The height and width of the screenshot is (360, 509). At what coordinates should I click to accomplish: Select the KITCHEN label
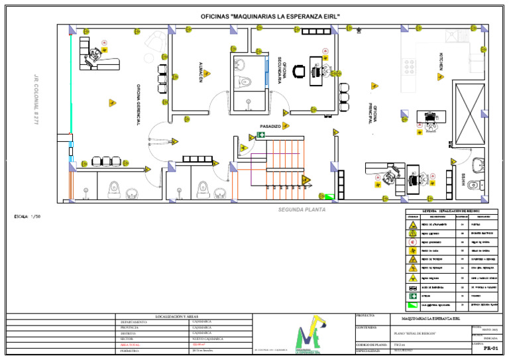click(x=440, y=62)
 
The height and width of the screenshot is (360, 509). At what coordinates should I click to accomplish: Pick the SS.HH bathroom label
click(x=463, y=179)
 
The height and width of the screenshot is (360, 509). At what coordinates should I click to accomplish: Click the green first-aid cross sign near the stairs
click(x=262, y=135)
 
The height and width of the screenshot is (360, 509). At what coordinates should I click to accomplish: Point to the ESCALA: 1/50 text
click(x=27, y=217)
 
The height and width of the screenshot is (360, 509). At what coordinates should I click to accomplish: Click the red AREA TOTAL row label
click(x=130, y=345)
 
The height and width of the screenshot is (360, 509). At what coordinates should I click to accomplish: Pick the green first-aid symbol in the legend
click(x=413, y=304)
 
